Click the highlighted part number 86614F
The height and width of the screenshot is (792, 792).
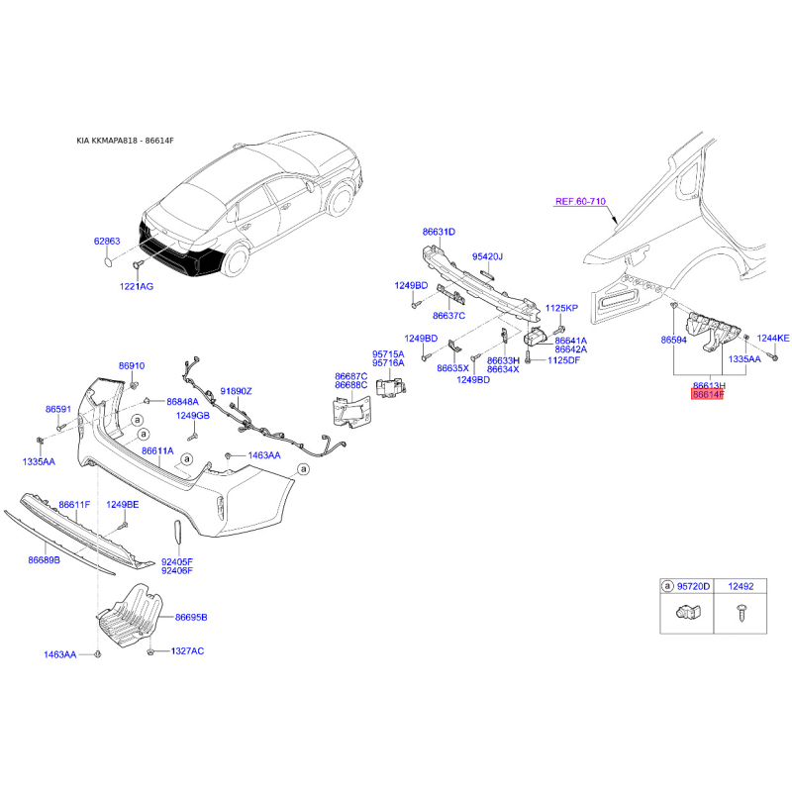coord(708,394)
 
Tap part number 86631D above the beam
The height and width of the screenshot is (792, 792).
coord(439,232)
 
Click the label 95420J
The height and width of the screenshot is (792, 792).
coord(487,256)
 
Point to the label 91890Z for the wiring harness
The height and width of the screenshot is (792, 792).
coord(237,391)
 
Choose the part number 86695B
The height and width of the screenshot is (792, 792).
coord(191,618)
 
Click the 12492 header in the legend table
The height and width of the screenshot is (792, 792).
coord(742,587)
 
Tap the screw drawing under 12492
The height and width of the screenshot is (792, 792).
coord(742,614)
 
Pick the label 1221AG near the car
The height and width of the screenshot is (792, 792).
coord(138,286)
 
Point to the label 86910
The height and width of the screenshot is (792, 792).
coord(132,366)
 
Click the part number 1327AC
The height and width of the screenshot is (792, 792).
coord(187,651)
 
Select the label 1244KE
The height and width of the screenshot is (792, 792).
coord(773,339)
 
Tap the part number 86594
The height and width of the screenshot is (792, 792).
coord(674,339)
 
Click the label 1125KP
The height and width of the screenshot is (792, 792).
coord(561,309)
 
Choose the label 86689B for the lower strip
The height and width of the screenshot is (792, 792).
coord(44,560)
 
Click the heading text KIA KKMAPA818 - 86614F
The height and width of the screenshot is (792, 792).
coord(125,142)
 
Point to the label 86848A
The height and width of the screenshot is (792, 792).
coord(182,402)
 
